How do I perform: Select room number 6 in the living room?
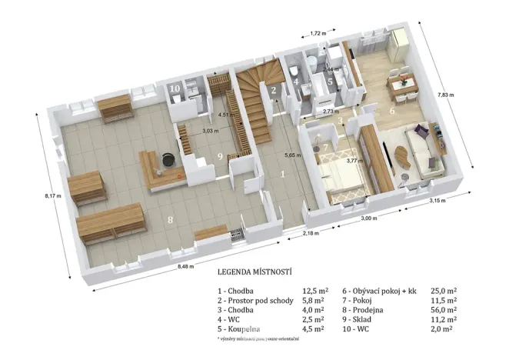coord(391,111)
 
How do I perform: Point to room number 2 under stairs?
coord(273,91)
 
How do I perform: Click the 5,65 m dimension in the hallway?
coord(291,155)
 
